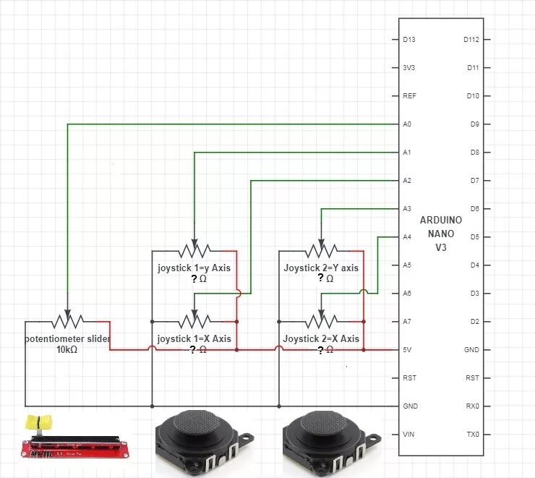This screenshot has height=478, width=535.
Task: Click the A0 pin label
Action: click(407, 124)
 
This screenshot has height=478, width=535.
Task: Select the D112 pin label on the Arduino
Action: click(471, 39)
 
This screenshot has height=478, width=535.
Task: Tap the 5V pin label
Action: click(407, 350)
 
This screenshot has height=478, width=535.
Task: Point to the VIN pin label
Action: click(408, 435)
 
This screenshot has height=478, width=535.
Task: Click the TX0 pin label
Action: click(471, 435)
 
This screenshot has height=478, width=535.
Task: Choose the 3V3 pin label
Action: click(409, 67)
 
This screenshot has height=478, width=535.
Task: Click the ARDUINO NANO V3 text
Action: click(440, 234)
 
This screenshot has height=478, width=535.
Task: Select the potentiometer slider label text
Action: click(67, 338)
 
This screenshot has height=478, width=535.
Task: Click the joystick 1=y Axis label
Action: click(194, 268)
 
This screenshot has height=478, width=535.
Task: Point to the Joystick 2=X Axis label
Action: click(321, 338)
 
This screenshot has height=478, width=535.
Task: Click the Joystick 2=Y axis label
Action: click(321, 268)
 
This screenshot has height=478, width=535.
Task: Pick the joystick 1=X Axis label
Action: click(194, 338)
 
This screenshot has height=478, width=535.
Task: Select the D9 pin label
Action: click(474, 124)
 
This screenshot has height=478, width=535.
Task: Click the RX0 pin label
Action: click(471, 406)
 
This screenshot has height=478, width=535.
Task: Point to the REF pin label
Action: click(408, 95)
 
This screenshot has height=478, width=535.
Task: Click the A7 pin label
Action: click(407, 322)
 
